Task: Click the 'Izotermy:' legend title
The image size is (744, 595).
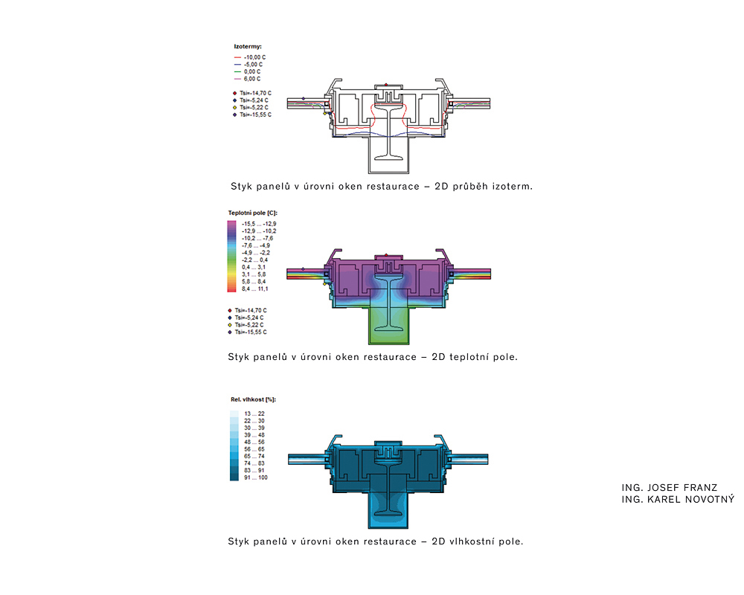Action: tap(248, 47)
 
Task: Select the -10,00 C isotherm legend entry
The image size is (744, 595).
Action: tap(250, 57)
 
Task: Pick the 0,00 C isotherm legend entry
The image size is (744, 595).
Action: tap(247, 71)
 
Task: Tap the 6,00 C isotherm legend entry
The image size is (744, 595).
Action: tap(247, 79)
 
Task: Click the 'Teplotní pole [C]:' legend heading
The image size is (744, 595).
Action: tap(252, 213)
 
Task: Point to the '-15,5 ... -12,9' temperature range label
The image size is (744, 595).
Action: tap(259, 224)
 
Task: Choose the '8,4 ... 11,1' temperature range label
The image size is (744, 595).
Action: tap(254, 289)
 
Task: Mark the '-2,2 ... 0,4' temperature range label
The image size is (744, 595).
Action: tap(254, 260)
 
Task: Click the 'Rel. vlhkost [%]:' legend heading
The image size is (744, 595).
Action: tap(254, 399)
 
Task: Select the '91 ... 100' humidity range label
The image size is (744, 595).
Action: tap(256, 477)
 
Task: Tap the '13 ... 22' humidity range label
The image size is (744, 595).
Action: tap(254, 414)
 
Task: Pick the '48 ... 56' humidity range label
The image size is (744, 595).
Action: tap(254, 442)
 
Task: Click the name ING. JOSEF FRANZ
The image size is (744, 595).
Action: tap(670, 488)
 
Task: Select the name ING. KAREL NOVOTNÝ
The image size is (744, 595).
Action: tap(678, 499)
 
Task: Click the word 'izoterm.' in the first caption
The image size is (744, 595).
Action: tap(513, 187)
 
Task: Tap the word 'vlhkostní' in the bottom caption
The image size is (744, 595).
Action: tap(472, 541)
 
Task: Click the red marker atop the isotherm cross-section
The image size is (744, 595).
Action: tap(386, 85)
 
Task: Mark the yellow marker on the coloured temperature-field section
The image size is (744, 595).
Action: tap(325, 284)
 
